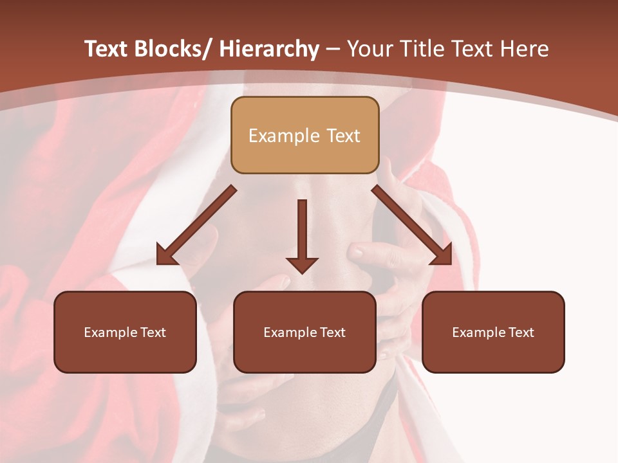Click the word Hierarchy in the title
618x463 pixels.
(269, 49)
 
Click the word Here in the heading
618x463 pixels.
(523, 49)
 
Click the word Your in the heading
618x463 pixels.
(370, 49)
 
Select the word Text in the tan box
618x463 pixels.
(342, 136)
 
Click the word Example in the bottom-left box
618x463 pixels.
(110, 332)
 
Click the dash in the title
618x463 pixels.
(333, 49)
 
